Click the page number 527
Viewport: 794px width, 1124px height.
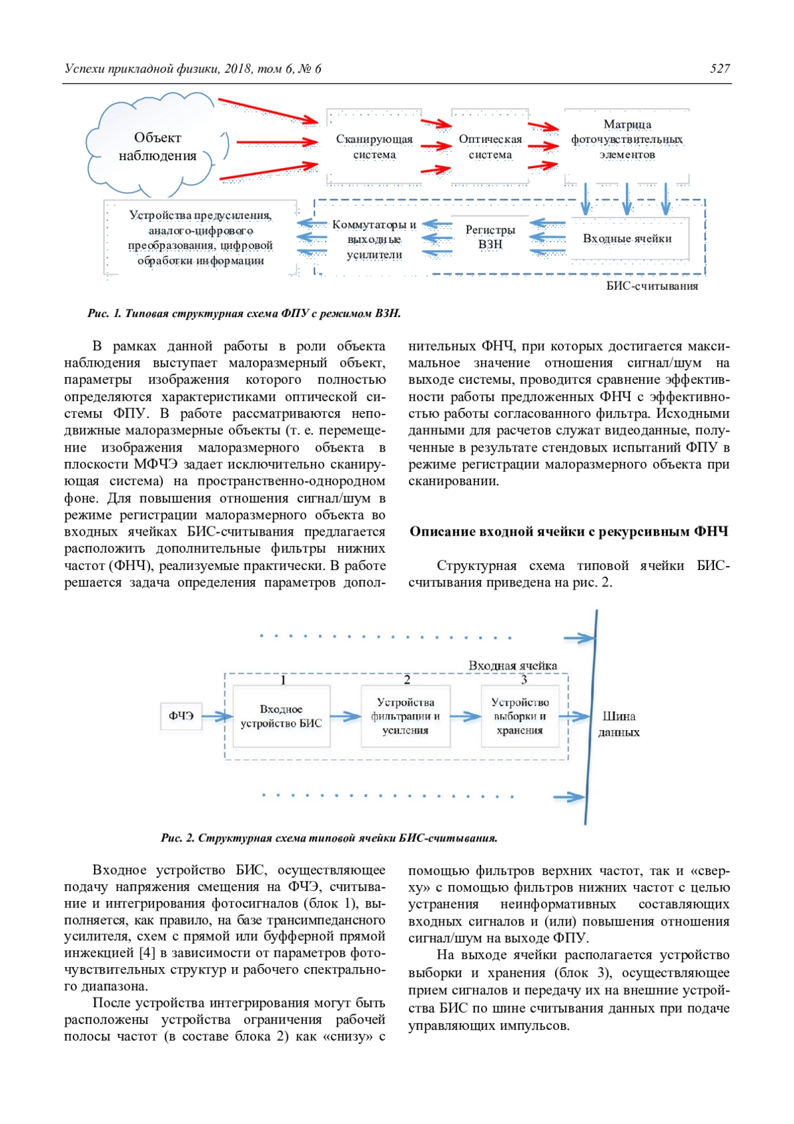720,69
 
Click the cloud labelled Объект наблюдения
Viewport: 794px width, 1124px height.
157,146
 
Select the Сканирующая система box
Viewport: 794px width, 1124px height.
374,147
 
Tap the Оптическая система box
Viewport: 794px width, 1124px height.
490,147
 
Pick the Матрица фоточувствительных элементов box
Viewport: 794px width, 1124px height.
627,140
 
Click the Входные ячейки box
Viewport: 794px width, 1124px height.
627,239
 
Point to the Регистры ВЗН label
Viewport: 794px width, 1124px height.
490,237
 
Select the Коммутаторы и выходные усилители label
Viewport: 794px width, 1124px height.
374,239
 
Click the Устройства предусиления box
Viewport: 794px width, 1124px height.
200,238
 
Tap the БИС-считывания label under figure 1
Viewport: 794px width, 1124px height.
652,286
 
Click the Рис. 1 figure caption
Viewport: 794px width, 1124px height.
244,313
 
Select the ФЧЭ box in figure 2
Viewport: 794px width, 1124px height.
181,716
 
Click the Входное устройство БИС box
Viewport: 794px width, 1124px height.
281,716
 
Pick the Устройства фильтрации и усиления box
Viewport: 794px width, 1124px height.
405,716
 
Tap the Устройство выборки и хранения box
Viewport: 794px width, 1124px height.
519,716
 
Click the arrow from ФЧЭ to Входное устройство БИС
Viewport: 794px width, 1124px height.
216,716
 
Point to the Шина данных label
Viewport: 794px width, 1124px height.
619,724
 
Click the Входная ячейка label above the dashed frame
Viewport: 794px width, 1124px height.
513,665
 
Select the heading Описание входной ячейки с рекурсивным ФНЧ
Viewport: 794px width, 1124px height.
568,532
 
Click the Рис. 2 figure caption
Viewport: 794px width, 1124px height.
329,838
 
